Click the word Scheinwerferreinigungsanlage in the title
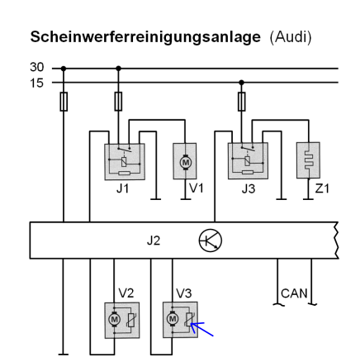pos(145,37)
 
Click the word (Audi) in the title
pos(291,37)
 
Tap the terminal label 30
pos(37,67)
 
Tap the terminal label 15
pos(37,83)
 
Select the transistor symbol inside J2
pos(211,241)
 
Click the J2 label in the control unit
pos(154,241)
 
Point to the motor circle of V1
pos(185,162)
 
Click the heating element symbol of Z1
pos(309,160)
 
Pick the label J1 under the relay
pos(122,188)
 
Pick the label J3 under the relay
pos(249,188)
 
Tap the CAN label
pos(294,293)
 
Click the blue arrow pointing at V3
pos(201,329)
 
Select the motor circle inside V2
pos(114,320)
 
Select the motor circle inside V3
pos(173,319)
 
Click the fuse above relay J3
pos(241,102)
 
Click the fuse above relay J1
pos(118,102)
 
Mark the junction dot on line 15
pos(241,83)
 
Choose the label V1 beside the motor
pos(197,188)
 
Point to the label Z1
pos(322,188)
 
